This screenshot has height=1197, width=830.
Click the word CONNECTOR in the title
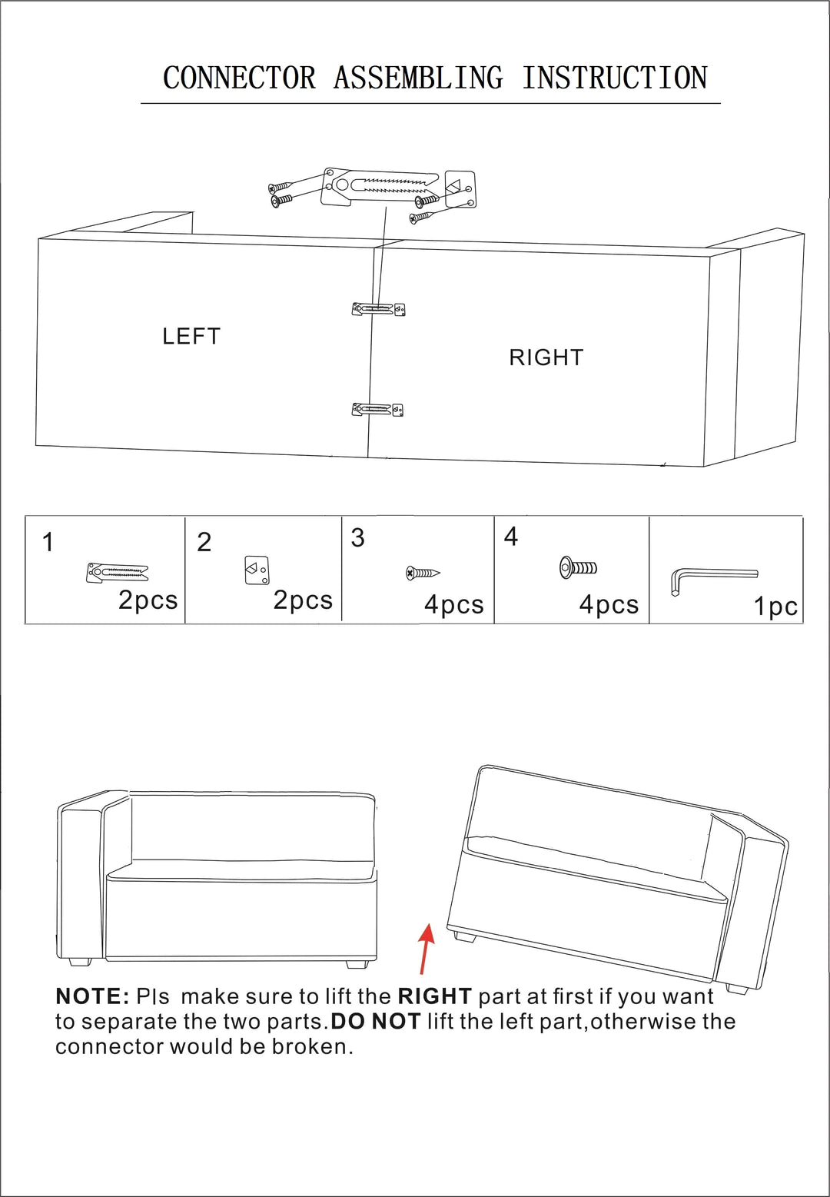(239, 78)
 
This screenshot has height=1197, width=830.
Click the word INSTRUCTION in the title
(614, 78)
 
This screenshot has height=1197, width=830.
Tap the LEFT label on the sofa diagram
(191, 337)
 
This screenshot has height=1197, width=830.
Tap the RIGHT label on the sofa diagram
(546, 357)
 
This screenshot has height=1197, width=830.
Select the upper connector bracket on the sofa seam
(378, 309)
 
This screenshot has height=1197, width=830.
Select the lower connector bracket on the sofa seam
(377, 410)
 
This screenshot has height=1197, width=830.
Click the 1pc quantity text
(775, 607)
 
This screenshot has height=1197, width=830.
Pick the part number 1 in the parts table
(48, 542)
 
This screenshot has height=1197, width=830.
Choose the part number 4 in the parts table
(510, 537)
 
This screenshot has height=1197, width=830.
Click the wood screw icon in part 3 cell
(423, 574)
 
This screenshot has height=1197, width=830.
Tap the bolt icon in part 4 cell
(578, 568)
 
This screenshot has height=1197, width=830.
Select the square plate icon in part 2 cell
(257, 570)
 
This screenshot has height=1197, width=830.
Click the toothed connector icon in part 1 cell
(117, 573)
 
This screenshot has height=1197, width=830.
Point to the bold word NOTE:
(92, 996)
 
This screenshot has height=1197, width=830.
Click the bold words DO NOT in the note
(376, 1022)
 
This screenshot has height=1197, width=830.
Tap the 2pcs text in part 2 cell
(303, 600)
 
